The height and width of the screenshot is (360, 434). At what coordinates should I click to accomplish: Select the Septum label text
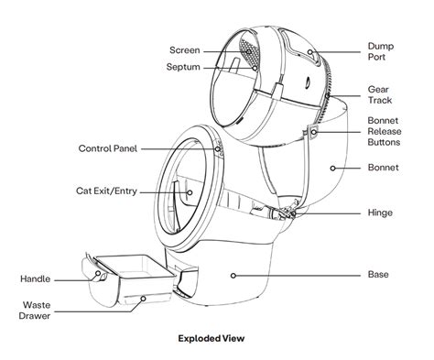184,67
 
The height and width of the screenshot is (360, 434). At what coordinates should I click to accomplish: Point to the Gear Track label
380,95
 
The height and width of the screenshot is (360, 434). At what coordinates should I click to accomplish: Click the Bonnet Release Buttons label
386,131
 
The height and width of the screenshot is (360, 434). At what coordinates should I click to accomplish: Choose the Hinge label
380,213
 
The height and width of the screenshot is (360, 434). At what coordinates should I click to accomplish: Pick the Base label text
378,274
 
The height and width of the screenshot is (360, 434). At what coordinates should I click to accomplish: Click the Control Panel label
107,148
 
